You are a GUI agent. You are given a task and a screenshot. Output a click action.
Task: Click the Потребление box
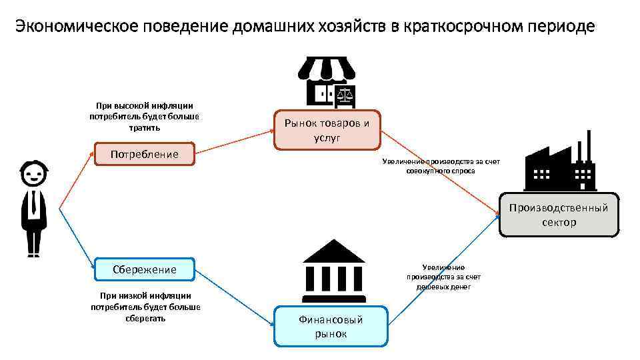tap(145, 155)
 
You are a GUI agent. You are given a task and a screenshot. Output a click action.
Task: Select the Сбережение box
tap(145, 269)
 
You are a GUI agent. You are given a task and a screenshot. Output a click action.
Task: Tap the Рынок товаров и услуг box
tap(327, 130)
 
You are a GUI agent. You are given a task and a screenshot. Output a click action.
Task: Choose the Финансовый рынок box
tap(331, 326)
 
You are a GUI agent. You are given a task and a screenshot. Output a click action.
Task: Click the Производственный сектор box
tap(559, 215)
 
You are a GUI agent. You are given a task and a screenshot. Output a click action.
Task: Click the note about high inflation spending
tap(145, 116)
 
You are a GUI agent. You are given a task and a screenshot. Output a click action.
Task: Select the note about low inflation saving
tap(145, 307)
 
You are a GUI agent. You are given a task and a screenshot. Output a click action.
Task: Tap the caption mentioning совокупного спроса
tap(441, 167)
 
